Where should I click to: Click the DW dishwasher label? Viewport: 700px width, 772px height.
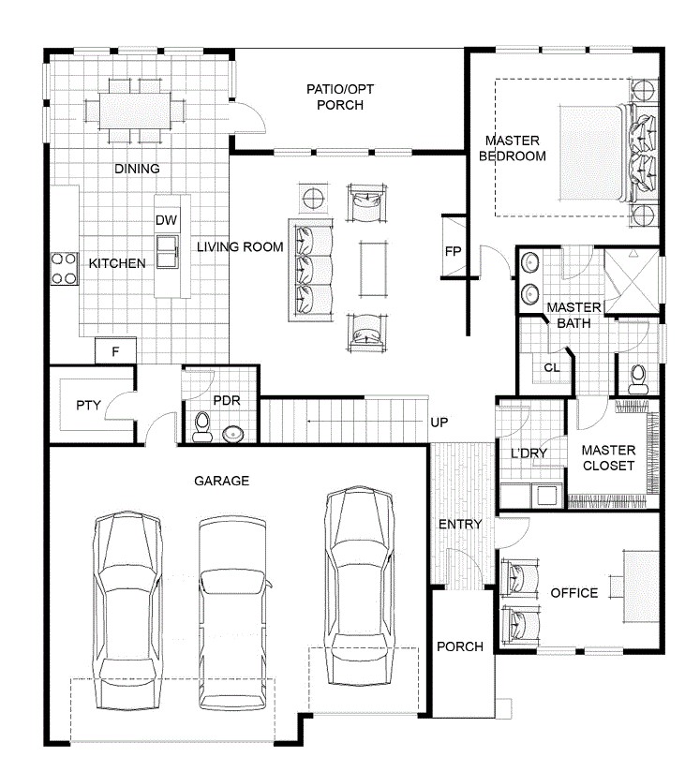point(166,220)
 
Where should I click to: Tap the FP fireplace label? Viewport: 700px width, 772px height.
point(453,252)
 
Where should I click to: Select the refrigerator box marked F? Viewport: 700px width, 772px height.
point(115,351)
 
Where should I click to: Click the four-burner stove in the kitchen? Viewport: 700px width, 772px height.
point(65,268)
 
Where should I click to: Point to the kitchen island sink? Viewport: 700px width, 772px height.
point(168,252)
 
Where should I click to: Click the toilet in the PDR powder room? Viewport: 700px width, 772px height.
point(202,427)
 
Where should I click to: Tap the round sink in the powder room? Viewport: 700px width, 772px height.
point(233,435)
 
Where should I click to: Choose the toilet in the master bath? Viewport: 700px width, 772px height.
point(638,379)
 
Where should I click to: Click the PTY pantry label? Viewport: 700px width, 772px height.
point(88,405)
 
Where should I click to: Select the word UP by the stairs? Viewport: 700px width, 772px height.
point(439,423)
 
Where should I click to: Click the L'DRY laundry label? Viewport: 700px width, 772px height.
point(529,453)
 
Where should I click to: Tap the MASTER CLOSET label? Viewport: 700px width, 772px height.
point(608,458)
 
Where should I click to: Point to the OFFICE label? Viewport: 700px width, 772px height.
point(573,593)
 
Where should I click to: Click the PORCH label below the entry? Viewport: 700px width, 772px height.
point(460,646)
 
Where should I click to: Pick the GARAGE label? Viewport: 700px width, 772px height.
point(222,481)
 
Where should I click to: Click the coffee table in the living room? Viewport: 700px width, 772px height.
point(373,268)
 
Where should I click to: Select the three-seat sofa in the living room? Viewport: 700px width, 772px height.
point(310,269)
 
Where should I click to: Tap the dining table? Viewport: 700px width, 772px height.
point(135,111)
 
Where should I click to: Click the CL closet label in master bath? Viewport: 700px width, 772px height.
point(552,368)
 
